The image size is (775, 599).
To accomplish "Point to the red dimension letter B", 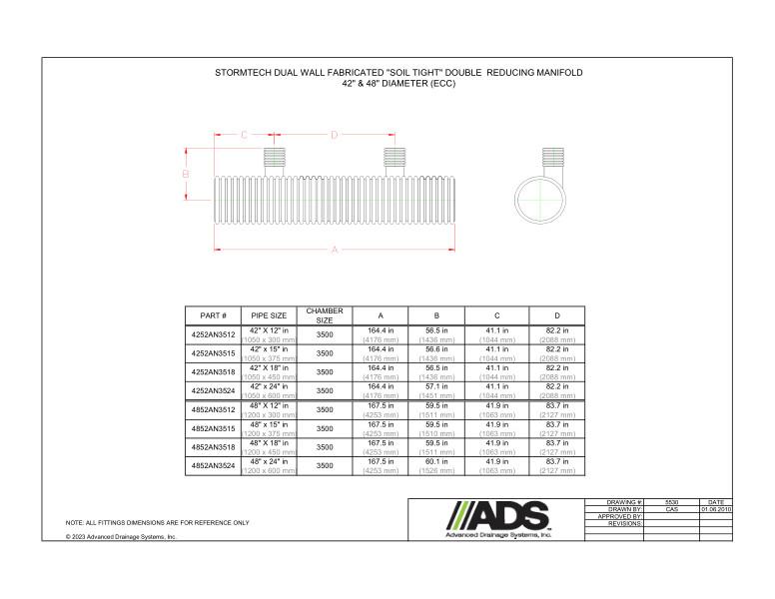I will tap(186, 175).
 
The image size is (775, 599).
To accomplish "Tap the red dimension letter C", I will tap(244, 134).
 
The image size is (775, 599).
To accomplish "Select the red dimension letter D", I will tap(335, 134).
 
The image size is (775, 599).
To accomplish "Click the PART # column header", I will tap(213, 315).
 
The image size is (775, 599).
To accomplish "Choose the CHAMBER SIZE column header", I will tap(325, 315).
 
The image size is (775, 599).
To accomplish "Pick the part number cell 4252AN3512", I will tap(213, 334).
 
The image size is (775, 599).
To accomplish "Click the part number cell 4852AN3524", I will tap(213, 466).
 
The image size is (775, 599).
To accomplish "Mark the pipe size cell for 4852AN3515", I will tap(269, 428).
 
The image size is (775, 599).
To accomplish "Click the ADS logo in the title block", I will tap(496, 518).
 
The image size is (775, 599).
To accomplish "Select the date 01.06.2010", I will tap(715, 508).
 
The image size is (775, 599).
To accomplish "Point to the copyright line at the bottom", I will tap(121, 537).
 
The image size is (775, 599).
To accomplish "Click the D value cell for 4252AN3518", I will tap(557, 371).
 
